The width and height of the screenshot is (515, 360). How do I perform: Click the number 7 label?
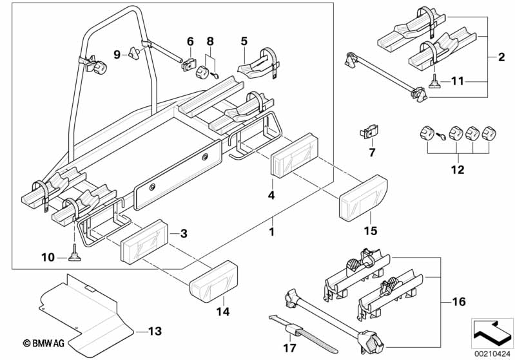(x=371, y=153)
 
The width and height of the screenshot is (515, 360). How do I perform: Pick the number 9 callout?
(x=117, y=54)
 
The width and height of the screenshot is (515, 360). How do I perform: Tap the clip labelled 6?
(x=189, y=64)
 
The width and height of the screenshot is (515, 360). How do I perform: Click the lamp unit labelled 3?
(x=145, y=240)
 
